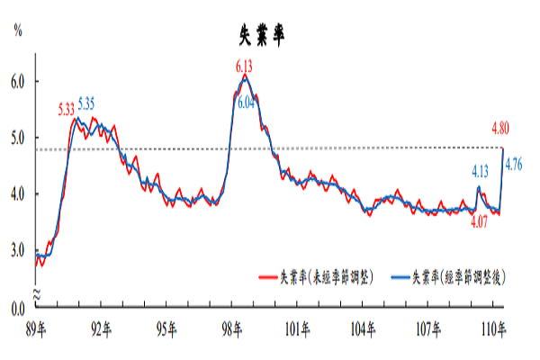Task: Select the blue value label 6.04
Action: click(x=249, y=103)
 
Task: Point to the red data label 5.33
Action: click(x=66, y=110)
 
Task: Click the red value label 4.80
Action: click(x=502, y=128)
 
